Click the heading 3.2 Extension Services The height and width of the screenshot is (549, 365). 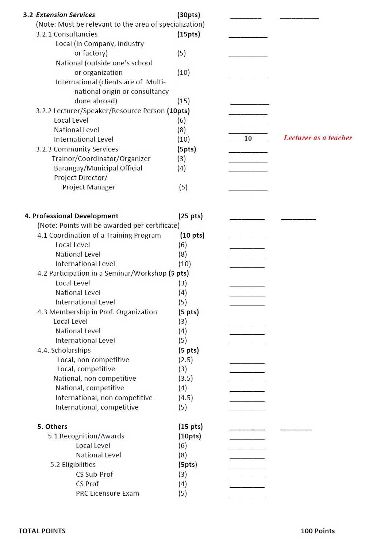[59, 15]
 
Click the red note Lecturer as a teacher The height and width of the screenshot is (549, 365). [318, 138]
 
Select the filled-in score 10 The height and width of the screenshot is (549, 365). [248, 139]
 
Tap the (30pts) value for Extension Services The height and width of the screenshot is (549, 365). [189, 15]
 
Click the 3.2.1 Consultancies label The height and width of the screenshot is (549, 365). [67, 34]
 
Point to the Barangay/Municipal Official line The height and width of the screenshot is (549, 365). [98, 168]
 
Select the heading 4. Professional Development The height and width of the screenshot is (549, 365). [72, 216]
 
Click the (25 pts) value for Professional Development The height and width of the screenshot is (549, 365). [191, 216]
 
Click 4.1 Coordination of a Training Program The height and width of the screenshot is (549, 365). [99, 235]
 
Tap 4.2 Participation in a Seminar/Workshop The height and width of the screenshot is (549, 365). [102, 273]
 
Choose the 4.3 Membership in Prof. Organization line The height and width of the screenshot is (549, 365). [97, 312]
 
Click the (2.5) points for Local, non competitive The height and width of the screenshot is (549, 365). [185, 360]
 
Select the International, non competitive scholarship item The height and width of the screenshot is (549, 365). [104, 398]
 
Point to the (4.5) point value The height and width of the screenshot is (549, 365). [185, 398]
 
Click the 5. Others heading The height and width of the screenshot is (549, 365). [52, 427]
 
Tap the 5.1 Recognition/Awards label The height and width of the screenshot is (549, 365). [86, 436]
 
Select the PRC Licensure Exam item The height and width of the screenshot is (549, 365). [107, 494]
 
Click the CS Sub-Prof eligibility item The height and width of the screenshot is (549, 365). [95, 475]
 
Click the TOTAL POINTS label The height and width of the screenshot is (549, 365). [42, 531]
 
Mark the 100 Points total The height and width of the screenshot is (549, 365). [318, 531]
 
